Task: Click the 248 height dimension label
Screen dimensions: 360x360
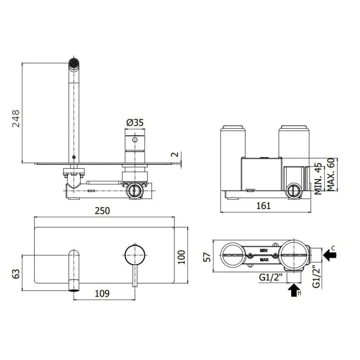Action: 15,119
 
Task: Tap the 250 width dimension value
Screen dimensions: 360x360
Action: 102,211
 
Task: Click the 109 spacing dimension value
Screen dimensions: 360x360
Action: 102,294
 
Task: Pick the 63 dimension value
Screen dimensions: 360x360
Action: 16,274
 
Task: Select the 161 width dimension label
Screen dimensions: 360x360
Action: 263,205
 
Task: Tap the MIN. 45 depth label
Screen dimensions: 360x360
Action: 319,179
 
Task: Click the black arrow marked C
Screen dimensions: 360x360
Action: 331,254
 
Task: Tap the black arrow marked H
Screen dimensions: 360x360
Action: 294,290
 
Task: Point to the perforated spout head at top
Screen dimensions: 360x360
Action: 73,64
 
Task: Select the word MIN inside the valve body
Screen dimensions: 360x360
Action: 263,251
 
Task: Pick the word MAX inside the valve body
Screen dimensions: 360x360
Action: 264,260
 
